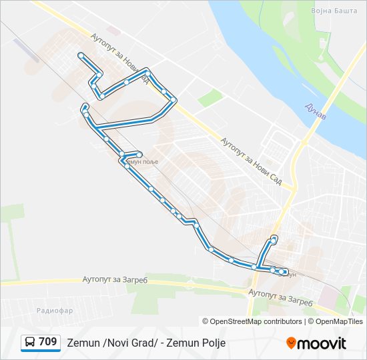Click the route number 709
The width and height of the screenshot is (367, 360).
[47, 342]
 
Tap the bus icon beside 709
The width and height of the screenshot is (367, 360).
[30, 343]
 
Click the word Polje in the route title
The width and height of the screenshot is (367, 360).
[212, 343]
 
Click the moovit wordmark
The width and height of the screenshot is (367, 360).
[322, 343]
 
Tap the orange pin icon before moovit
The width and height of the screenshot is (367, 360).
[291, 343]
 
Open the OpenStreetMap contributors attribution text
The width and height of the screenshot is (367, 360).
[256, 321]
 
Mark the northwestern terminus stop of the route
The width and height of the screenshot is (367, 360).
[80, 54]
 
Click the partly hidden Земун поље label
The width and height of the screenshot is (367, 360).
[141, 162]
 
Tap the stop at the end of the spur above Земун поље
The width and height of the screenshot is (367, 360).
[139, 154]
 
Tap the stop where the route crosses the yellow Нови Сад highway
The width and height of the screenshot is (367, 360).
[149, 71]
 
